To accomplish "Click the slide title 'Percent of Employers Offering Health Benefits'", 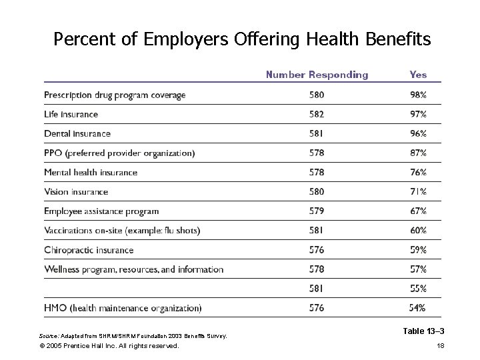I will [x=242, y=40].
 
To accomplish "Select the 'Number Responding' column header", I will [x=317, y=75].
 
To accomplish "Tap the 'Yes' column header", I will [x=418, y=75].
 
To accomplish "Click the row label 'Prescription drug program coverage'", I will [x=115, y=95].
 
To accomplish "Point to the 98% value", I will [x=418, y=95].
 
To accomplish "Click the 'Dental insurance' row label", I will [x=77, y=134].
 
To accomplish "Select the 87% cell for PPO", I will [x=418, y=153].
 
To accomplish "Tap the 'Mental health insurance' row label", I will [x=91, y=173].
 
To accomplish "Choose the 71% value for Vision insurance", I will [x=418, y=192].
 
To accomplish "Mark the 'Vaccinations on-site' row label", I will [x=122, y=231].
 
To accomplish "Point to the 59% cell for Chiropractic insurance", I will [x=418, y=250].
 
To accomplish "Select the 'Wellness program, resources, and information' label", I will [x=133, y=269].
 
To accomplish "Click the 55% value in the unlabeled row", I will [x=418, y=289].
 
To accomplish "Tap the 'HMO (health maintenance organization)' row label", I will [x=123, y=308].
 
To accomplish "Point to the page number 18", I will [x=439, y=346].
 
